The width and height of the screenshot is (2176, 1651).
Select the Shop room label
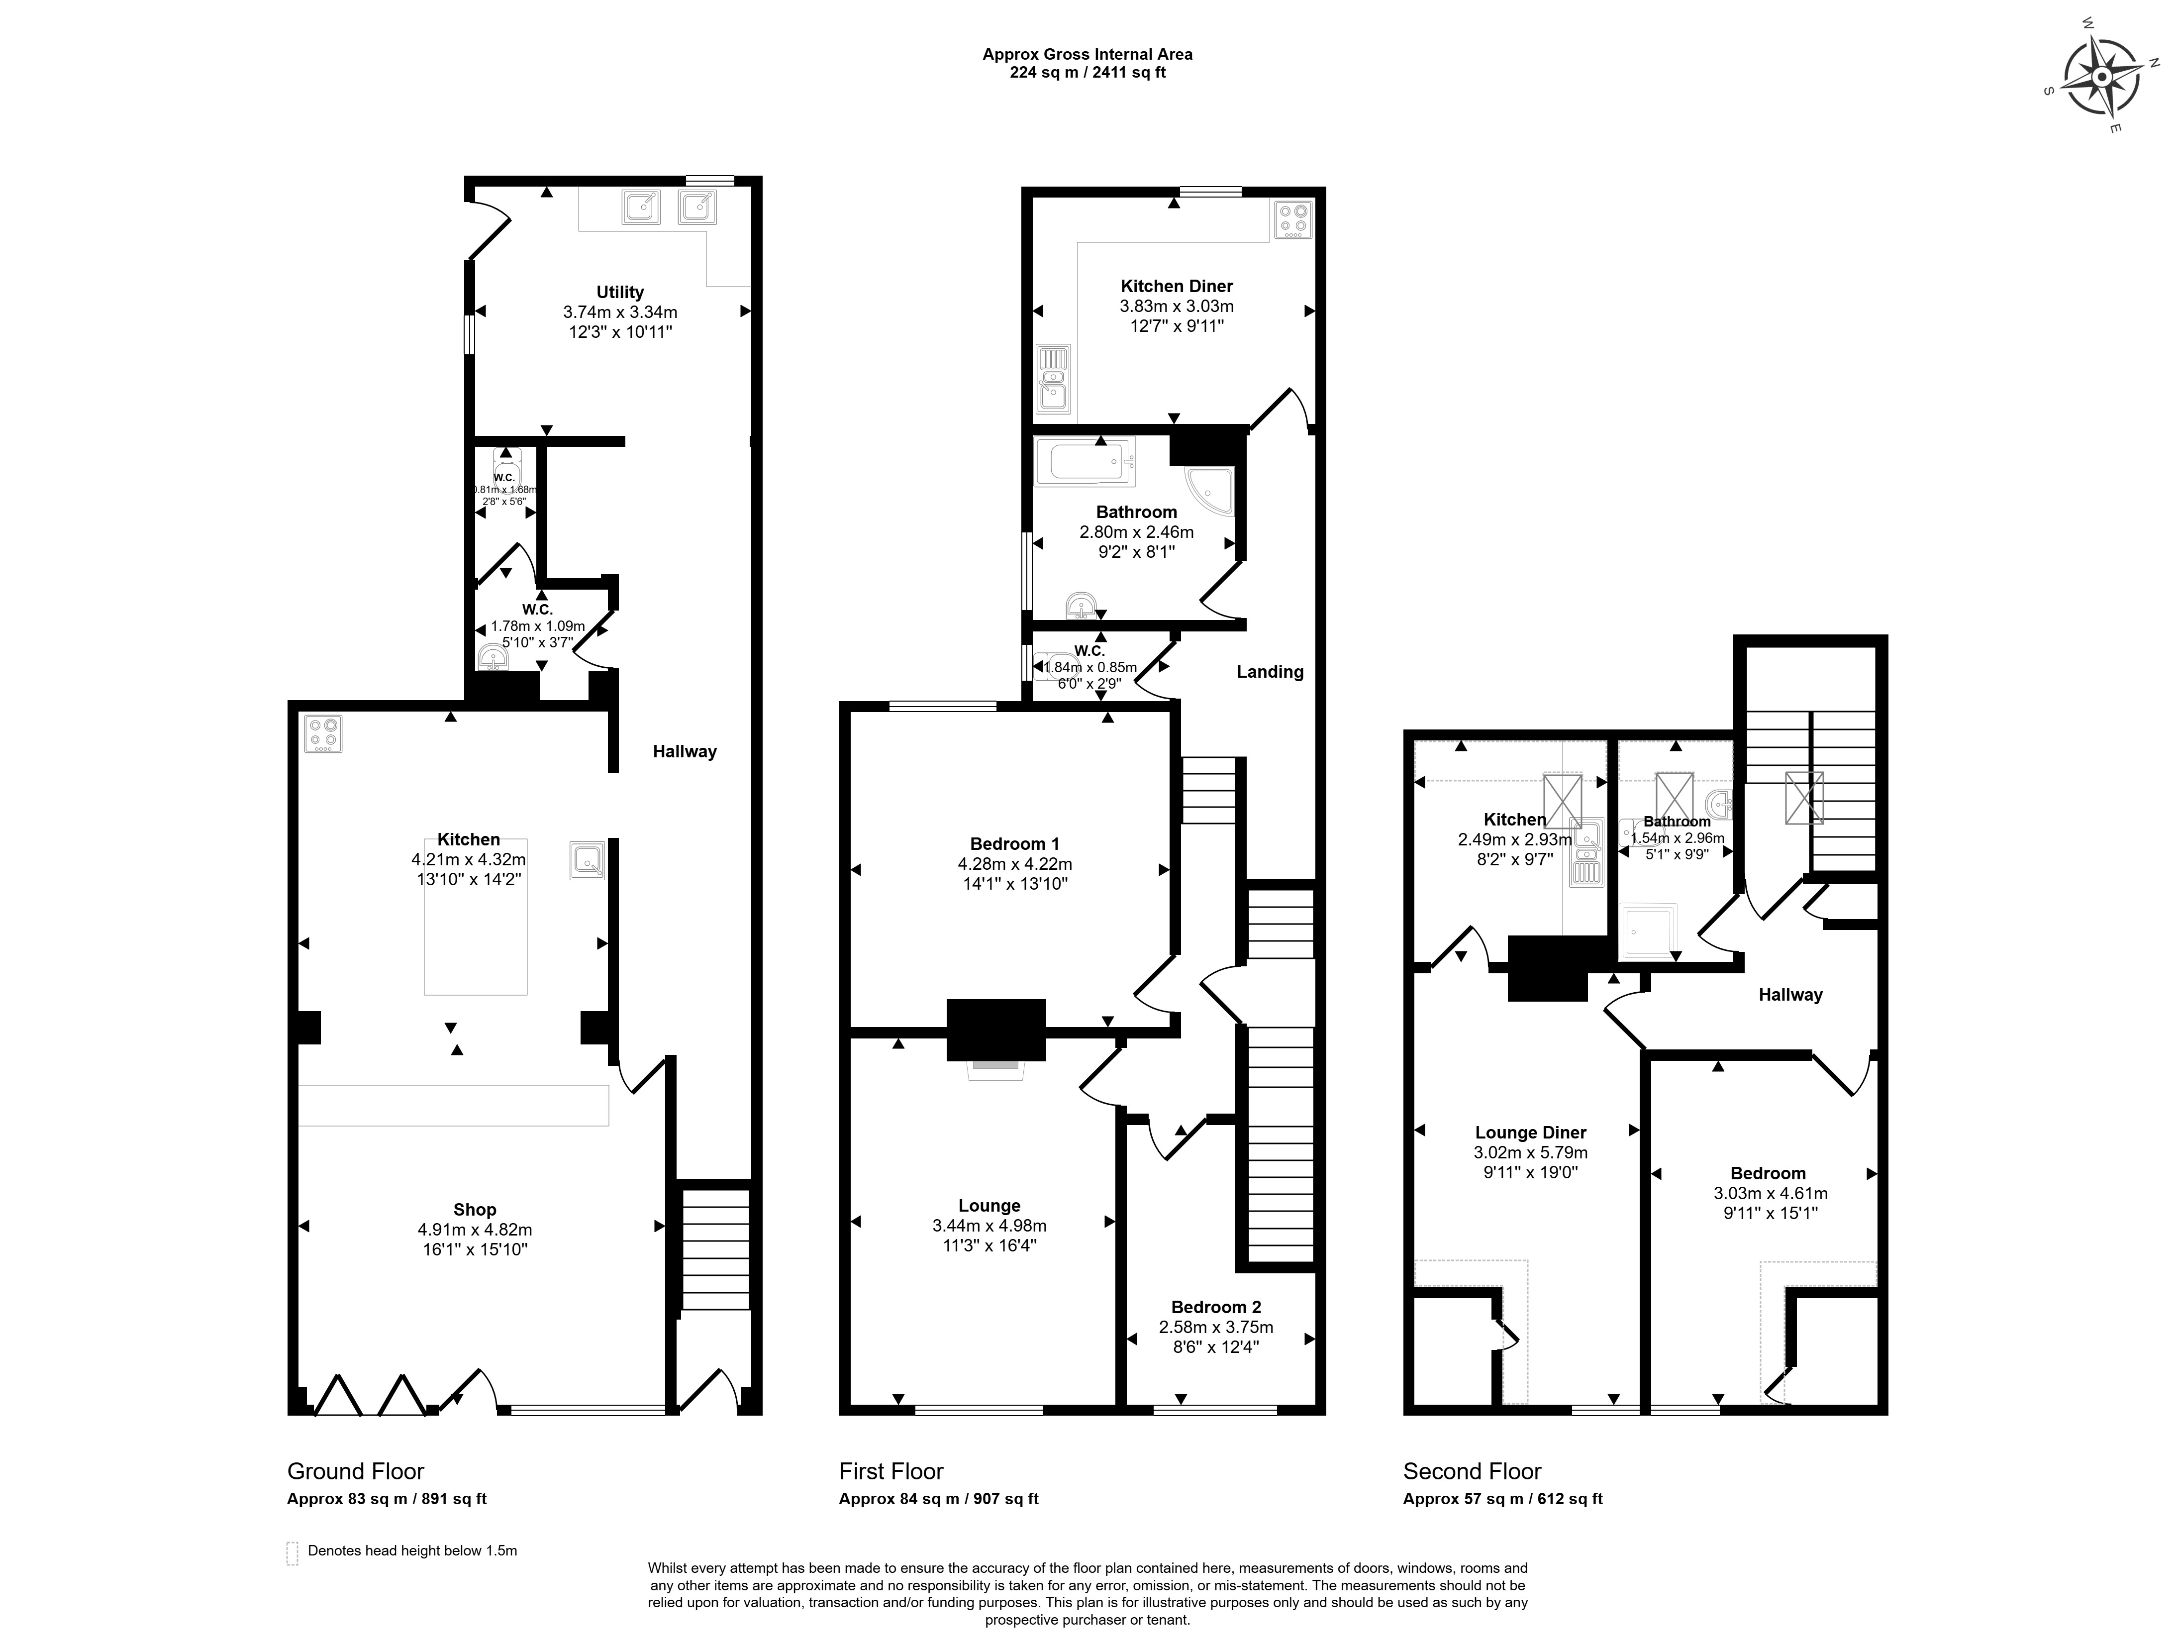tap(474, 1209)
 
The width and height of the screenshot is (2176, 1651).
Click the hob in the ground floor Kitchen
tap(323, 733)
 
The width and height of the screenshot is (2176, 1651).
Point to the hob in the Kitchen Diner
tap(1292, 220)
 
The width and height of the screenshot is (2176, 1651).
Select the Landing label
tap(1269, 672)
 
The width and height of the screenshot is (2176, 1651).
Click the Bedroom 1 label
tap(1014, 843)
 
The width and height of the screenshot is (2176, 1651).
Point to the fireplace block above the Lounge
tap(995, 1029)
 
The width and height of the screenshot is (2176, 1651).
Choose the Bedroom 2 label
tap(1216, 1307)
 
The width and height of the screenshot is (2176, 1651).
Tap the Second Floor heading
tap(1472, 1471)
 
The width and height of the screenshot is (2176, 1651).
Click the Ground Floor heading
tap(355, 1471)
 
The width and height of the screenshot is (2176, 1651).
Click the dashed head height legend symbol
tap(292, 1552)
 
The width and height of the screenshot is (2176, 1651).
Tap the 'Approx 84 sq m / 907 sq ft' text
tap(938, 1499)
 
